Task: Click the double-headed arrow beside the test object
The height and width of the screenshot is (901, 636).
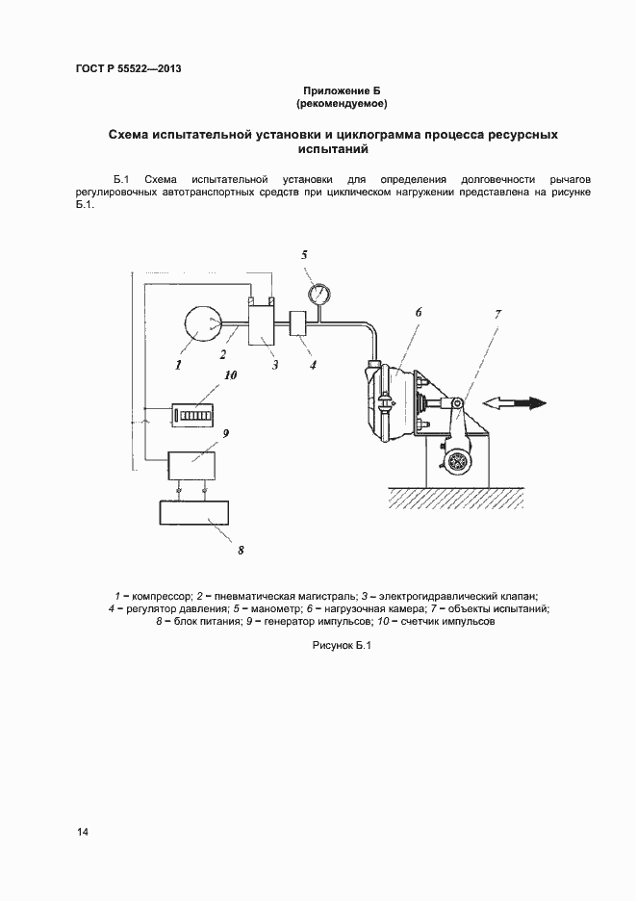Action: coord(516,402)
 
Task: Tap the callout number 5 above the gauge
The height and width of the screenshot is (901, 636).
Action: coord(304,255)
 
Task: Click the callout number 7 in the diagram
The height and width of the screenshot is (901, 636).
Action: coord(497,315)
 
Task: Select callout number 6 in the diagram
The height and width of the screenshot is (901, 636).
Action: coord(419,312)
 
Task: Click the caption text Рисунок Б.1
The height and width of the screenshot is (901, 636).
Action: coord(342,647)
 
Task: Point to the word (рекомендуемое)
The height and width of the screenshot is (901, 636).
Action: coord(342,102)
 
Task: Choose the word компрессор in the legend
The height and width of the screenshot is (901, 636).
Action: coord(163,597)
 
